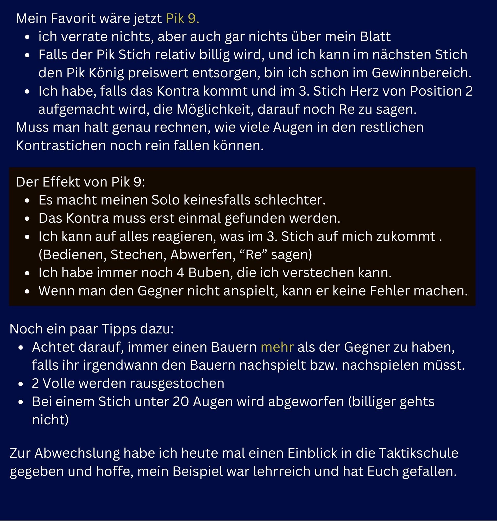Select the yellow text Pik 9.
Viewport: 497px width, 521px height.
(182, 18)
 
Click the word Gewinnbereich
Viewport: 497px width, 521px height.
(421, 73)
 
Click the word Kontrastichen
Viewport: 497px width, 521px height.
(61, 146)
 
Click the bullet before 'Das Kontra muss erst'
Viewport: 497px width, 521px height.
(27, 219)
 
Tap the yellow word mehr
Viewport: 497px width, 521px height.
(277, 347)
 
